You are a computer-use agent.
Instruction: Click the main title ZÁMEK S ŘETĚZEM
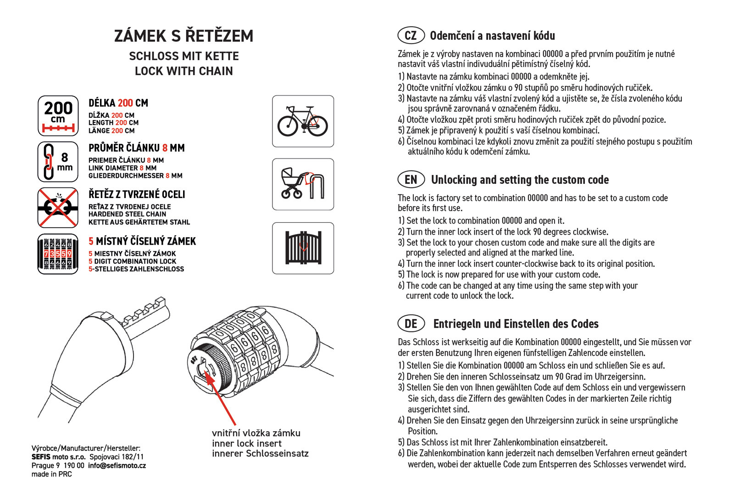point(183,36)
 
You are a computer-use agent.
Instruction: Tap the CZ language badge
point(411,35)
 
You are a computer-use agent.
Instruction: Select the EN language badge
point(411,180)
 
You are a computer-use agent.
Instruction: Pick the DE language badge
point(411,324)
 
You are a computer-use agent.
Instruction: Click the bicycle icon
point(303,121)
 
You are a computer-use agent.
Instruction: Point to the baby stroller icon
point(303,184)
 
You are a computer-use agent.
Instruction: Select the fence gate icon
point(303,248)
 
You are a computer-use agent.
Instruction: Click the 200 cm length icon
point(58,116)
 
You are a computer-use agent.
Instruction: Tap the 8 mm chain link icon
point(58,162)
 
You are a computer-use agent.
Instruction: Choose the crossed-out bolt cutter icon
point(58,208)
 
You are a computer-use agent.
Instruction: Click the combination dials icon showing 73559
point(58,253)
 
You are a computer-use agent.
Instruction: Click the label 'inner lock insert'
point(247,443)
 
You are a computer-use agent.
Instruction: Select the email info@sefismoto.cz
point(117,466)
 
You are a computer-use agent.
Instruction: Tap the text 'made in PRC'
point(51,474)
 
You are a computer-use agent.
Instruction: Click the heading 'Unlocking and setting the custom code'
point(520,180)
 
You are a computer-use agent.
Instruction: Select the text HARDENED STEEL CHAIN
point(127,214)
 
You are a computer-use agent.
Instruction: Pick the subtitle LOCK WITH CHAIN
point(183,71)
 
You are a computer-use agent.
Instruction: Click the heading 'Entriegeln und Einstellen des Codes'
point(516,324)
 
